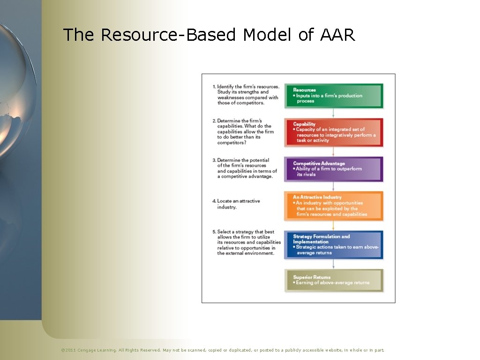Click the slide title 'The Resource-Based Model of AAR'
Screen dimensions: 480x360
click(209, 35)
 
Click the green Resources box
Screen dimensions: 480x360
click(334, 96)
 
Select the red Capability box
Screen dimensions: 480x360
click(334, 132)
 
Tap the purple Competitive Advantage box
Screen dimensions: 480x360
click(334, 169)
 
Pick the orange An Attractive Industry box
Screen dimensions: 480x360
click(334, 206)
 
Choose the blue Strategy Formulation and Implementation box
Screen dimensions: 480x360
click(334, 244)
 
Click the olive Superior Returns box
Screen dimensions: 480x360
click(334, 280)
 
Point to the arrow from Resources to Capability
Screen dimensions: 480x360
click(333, 112)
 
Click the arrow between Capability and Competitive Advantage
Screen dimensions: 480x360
click(333, 151)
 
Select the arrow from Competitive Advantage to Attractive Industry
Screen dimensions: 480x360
click(333, 186)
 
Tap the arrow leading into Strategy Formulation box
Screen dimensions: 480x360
click(333, 225)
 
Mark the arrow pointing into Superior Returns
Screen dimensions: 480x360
click(333, 263)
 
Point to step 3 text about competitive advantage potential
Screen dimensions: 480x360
click(246, 168)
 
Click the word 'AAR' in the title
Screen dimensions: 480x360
click(337, 35)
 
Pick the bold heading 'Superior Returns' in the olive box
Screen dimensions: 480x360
click(312, 277)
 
